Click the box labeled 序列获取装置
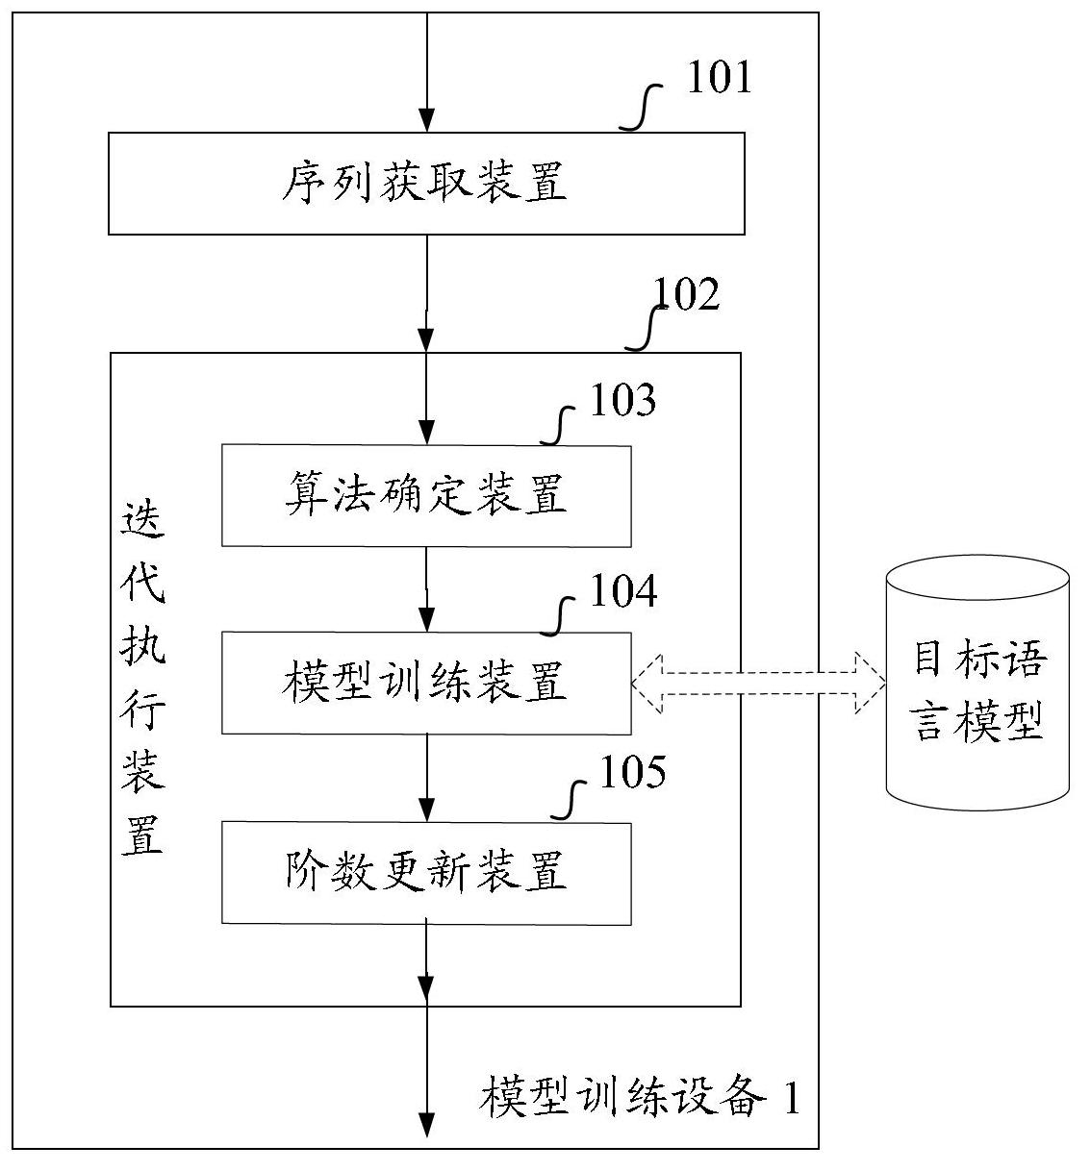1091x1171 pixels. [x=426, y=183]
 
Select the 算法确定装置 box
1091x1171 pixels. [x=426, y=495]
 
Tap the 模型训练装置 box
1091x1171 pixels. [x=426, y=683]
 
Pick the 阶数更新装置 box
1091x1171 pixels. [x=426, y=872]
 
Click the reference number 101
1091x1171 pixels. [x=718, y=78]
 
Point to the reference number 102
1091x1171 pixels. [x=686, y=295]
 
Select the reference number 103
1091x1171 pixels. [x=622, y=401]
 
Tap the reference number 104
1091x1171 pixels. [x=622, y=591]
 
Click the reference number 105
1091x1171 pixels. [x=631, y=772]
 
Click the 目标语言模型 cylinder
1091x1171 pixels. [x=977, y=683]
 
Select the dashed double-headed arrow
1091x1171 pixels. [x=758, y=683]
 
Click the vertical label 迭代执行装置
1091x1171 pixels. [x=141, y=678]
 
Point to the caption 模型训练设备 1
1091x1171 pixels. [x=640, y=1097]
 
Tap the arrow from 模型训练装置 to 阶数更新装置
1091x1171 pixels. [x=426, y=778]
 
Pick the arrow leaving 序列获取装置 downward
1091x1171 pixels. [x=426, y=293]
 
